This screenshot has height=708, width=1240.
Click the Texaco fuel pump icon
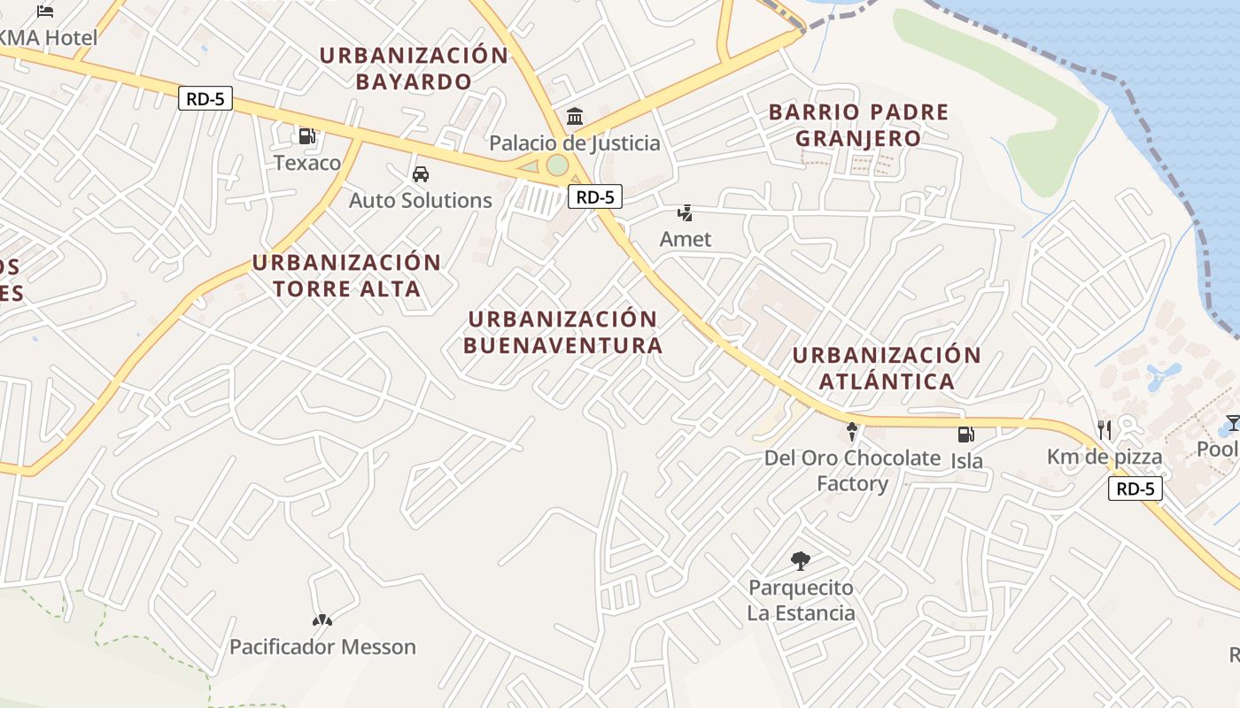(x=306, y=136)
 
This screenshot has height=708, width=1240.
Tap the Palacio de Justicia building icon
(x=575, y=116)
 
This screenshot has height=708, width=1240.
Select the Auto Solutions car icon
(x=421, y=174)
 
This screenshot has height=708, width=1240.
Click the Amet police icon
(x=685, y=212)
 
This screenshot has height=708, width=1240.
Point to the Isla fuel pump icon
(x=965, y=435)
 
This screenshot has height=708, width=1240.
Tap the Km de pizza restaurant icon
(x=1104, y=430)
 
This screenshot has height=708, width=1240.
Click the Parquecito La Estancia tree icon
(x=801, y=560)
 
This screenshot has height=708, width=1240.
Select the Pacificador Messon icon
(x=322, y=620)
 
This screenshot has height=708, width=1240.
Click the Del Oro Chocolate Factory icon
(x=852, y=431)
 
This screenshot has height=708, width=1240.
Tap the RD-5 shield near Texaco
(x=205, y=98)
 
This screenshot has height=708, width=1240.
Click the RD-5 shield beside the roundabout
(x=595, y=196)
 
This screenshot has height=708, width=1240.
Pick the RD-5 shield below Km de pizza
(x=1135, y=489)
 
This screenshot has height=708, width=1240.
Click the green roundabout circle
(x=556, y=165)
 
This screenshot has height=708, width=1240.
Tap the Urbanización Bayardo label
(x=414, y=68)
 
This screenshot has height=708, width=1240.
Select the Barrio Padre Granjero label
(x=858, y=125)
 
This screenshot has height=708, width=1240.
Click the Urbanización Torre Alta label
(x=346, y=275)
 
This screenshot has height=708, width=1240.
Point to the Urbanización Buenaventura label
(x=562, y=332)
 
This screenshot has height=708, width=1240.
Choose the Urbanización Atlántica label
(x=887, y=368)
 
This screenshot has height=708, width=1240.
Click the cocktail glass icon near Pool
(x=1232, y=423)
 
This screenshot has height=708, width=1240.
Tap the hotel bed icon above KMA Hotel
(x=45, y=12)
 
